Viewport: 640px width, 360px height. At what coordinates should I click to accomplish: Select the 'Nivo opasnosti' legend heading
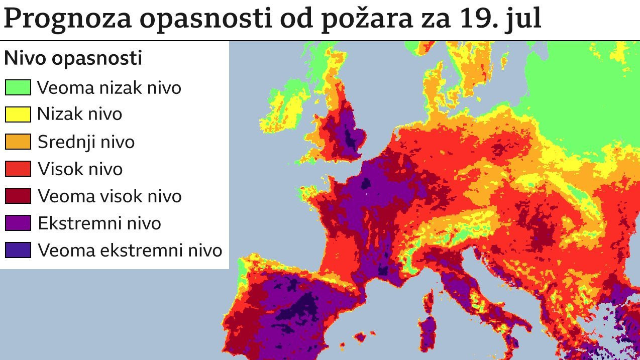[73, 59]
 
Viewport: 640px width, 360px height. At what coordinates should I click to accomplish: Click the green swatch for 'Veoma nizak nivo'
[18, 87]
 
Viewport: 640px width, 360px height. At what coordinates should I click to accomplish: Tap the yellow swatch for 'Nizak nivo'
[18, 114]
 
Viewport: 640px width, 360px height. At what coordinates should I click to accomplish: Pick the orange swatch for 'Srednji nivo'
[18, 142]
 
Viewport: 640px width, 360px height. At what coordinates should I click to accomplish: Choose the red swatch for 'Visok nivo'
[18, 169]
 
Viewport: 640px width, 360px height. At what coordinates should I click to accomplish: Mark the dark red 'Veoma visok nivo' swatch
[18, 196]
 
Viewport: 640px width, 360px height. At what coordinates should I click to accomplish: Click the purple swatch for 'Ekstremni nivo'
[18, 223]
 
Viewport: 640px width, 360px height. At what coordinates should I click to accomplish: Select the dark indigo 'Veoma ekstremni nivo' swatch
[18, 250]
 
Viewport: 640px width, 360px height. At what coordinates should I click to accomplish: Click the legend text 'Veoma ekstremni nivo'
[130, 250]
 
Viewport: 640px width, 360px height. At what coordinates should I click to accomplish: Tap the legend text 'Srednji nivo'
[86, 142]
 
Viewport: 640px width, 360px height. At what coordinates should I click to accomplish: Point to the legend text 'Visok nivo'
[80, 169]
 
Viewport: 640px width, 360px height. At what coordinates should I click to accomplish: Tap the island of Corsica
[429, 300]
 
